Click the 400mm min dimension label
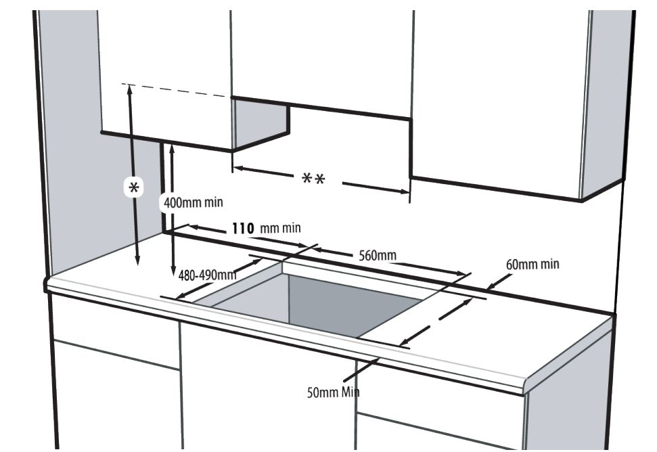click(x=193, y=203)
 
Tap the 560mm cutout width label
click(x=378, y=255)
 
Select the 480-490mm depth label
click(x=208, y=275)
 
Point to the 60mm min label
click(x=533, y=265)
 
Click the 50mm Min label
click(x=333, y=392)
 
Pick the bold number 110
click(x=243, y=228)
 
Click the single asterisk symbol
click(x=134, y=187)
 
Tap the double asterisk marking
click(x=314, y=179)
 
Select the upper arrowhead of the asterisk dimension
click(x=129, y=89)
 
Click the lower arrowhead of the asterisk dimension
click(x=137, y=261)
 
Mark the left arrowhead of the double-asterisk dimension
click(x=238, y=168)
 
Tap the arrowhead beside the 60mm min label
click(x=493, y=286)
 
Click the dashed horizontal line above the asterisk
click(x=177, y=90)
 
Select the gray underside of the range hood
click(x=260, y=124)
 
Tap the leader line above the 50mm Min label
click(x=361, y=370)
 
